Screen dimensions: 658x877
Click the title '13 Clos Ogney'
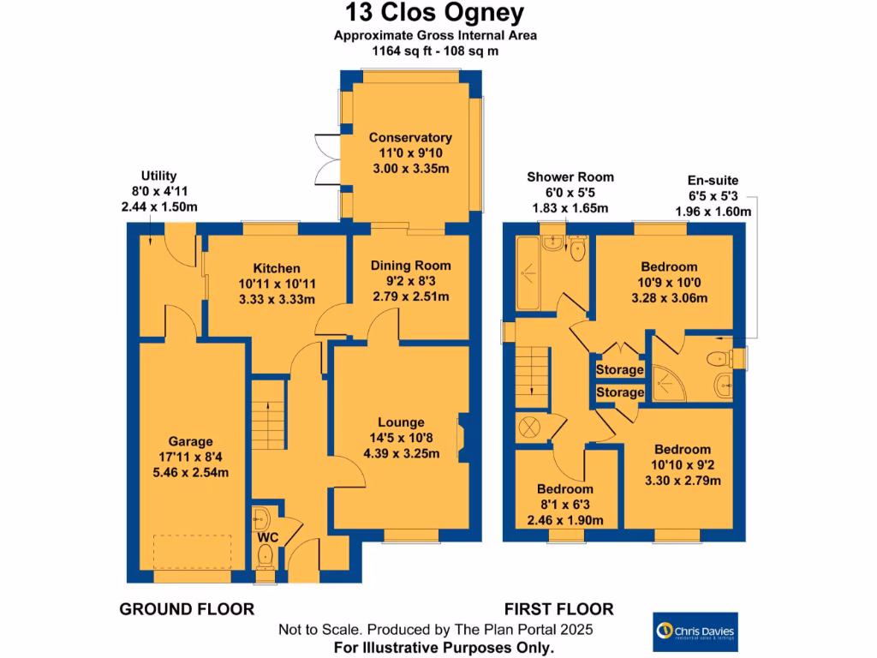click(435, 14)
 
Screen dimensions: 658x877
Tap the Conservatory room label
click(410, 137)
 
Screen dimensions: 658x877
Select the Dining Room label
click(410, 266)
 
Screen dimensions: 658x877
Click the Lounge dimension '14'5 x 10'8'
click(401, 438)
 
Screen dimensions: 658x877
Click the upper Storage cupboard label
click(619, 370)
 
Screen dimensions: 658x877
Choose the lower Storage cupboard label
click(619, 392)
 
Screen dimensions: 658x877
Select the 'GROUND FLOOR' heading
click(186, 609)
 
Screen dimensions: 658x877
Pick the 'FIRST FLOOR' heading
click(558, 609)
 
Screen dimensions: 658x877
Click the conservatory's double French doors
click(327, 159)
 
